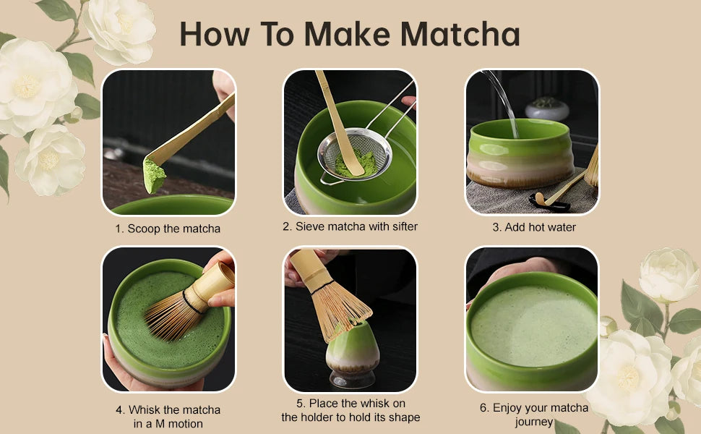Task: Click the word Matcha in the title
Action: [x=460, y=33]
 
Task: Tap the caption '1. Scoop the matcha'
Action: [x=167, y=229]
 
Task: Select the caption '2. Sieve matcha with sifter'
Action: [x=350, y=226]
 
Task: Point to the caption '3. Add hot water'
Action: [x=534, y=227]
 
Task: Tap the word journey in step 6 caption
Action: [x=534, y=422]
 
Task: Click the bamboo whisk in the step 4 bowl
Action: [x=177, y=311]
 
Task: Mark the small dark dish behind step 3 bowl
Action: [x=546, y=109]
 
